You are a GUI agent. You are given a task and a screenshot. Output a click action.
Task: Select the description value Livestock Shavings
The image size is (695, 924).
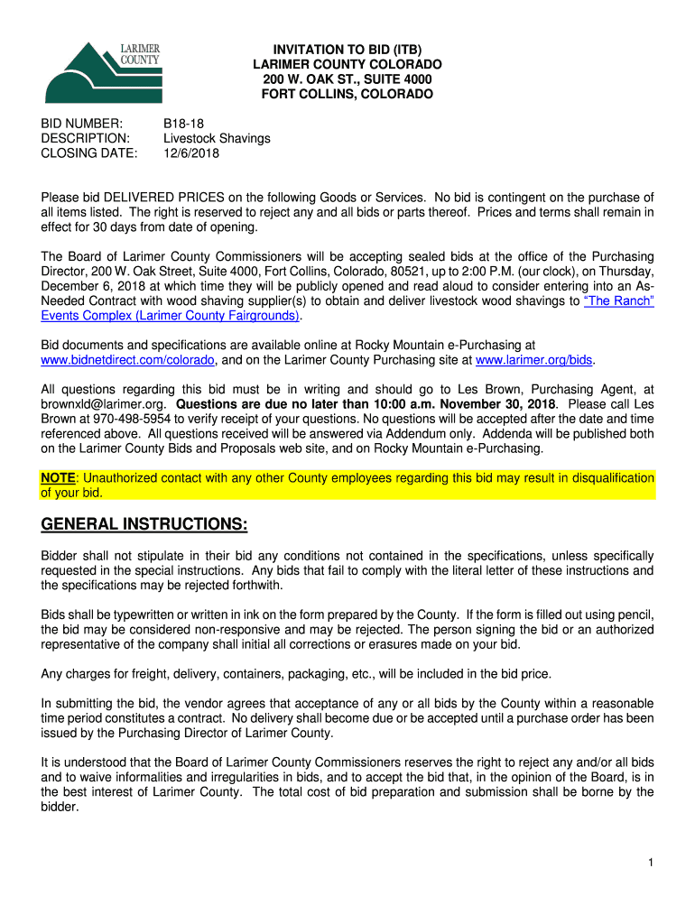[217, 139]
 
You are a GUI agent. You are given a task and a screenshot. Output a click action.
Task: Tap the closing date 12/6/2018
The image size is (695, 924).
[190, 153]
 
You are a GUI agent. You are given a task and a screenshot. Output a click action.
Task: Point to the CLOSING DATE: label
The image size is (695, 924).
[89, 153]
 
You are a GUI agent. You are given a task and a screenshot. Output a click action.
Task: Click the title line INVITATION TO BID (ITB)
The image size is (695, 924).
[347, 50]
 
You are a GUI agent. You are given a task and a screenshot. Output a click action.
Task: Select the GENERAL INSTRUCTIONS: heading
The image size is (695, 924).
[144, 525]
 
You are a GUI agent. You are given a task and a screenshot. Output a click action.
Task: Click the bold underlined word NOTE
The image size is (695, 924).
[57, 478]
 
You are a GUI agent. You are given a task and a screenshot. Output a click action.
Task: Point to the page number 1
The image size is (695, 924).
[650, 864]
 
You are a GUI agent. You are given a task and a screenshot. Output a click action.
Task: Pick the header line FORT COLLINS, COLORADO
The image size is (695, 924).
[347, 94]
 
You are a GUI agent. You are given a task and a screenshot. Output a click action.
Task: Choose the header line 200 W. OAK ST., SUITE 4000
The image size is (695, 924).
[347, 79]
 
